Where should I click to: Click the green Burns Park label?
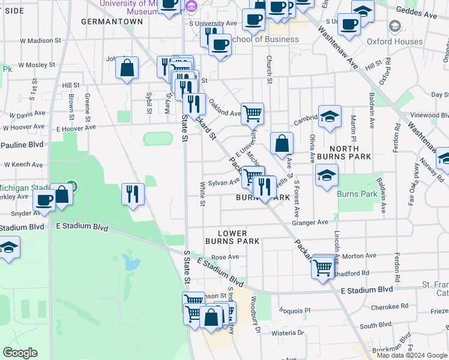[x=357, y=194]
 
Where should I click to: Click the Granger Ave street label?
[x=310, y=223]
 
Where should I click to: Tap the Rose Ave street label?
[x=225, y=257]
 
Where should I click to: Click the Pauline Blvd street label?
[x=22, y=145]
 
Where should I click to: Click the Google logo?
[x=20, y=353]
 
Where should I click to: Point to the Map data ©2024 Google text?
[x=412, y=355]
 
